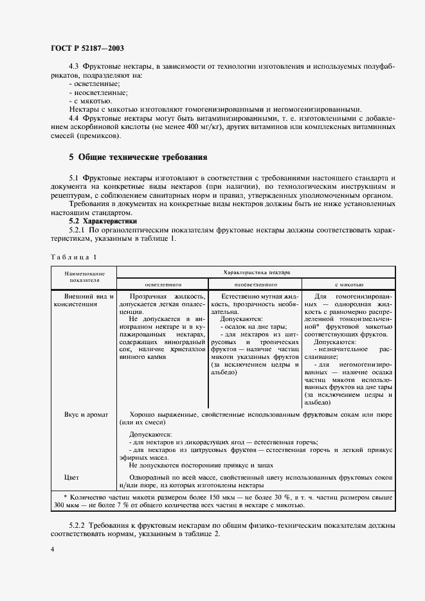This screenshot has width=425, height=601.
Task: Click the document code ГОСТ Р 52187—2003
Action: [87, 48]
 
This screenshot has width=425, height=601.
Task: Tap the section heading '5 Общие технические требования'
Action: [138, 157]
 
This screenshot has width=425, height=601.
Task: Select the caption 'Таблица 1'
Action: [73, 257]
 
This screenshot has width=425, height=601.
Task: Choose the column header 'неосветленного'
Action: [255, 284]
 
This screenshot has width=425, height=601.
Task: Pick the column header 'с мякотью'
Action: [348, 284]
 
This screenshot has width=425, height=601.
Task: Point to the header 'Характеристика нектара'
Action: [256, 272]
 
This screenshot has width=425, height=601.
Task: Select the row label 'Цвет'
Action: [71, 478]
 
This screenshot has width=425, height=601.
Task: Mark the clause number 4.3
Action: [74, 66]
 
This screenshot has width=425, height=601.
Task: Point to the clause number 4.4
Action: [74, 119]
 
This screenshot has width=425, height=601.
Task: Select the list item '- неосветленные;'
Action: [98, 92]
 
